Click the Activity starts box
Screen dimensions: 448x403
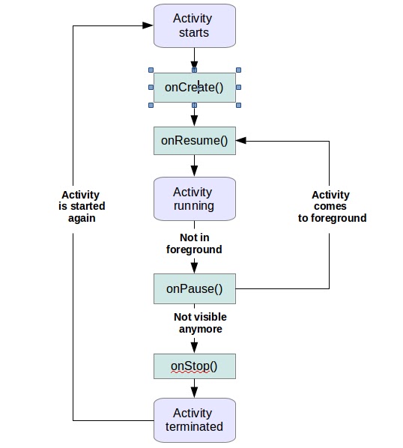click(194, 25)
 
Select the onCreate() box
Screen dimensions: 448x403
click(194, 87)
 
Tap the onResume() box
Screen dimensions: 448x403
click(194, 140)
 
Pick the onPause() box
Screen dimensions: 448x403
click(194, 288)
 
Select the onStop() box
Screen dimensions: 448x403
click(194, 366)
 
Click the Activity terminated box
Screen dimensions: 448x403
click(194, 420)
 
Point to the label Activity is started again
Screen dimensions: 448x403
click(82, 206)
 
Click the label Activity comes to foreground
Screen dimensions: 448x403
click(330, 206)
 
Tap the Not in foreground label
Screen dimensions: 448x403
click(194, 243)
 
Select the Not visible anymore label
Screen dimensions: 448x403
click(200, 322)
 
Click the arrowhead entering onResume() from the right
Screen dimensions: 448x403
click(241, 140)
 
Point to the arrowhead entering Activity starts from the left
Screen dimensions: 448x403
click(148, 25)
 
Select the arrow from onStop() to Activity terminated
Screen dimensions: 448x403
click(194, 388)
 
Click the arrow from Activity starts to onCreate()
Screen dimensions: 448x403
click(194, 58)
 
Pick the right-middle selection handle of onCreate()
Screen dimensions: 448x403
click(238, 87)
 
